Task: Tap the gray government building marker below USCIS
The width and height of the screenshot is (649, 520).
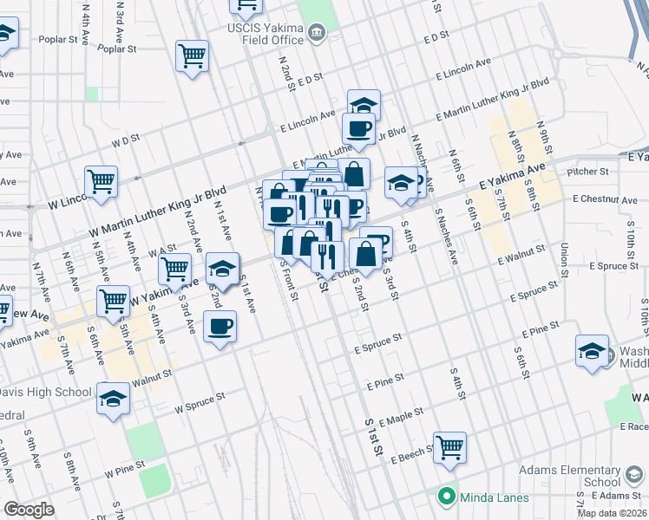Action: (317, 34)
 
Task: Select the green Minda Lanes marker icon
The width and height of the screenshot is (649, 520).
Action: (447, 497)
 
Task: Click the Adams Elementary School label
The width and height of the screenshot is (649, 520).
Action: (569, 475)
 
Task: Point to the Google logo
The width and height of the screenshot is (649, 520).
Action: (29, 510)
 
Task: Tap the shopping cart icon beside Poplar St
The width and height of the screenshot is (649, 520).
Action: (192, 57)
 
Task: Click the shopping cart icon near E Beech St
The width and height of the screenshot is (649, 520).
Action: (449, 448)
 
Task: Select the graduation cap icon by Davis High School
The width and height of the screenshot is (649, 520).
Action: (113, 400)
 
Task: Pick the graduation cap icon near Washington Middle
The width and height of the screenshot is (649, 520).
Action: (592, 352)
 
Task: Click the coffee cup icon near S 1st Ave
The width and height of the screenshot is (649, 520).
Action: (220, 328)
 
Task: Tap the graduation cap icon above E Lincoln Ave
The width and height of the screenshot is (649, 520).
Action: (364, 106)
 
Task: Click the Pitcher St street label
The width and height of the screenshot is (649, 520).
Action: (584, 172)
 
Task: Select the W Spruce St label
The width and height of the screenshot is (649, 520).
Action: (200, 400)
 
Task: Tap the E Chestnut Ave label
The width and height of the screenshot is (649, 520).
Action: (605, 200)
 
